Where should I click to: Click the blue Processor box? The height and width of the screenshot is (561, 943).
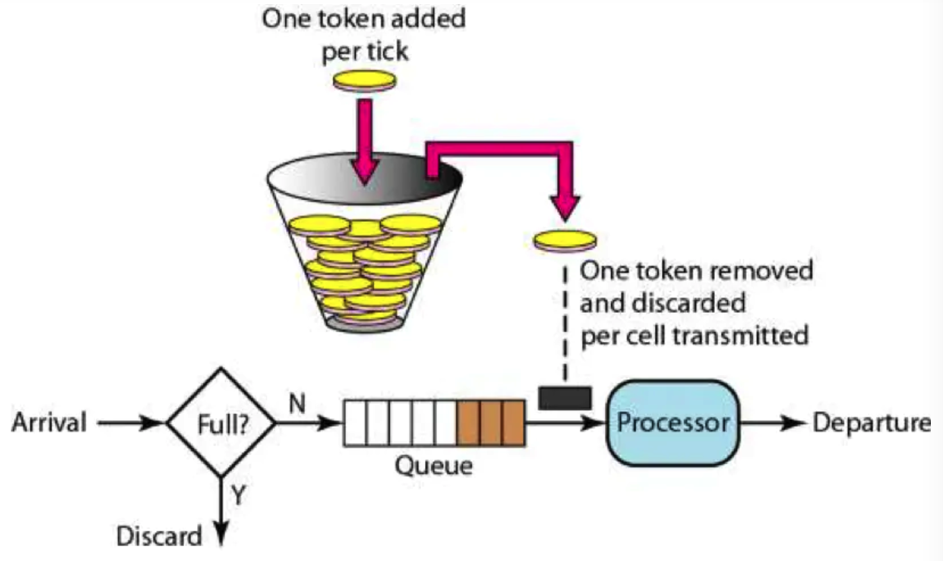pyautogui.click(x=673, y=423)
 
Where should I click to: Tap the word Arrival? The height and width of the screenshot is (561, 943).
pyautogui.click(x=49, y=424)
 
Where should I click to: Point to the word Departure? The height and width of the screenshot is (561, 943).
pyautogui.click(x=871, y=423)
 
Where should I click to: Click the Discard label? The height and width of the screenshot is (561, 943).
pyautogui.click(x=159, y=537)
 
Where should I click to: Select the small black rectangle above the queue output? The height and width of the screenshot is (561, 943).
pyautogui.click(x=565, y=398)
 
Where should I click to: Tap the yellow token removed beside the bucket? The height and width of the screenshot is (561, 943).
pyautogui.click(x=565, y=239)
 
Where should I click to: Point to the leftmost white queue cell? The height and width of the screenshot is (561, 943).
pyautogui.click(x=355, y=423)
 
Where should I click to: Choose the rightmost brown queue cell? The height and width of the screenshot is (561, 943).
pyautogui.click(x=513, y=423)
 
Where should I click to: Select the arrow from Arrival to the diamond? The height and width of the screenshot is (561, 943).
pyautogui.click(x=128, y=424)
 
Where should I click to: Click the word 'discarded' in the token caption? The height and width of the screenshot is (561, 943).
pyautogui.click(x=663, y=303)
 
